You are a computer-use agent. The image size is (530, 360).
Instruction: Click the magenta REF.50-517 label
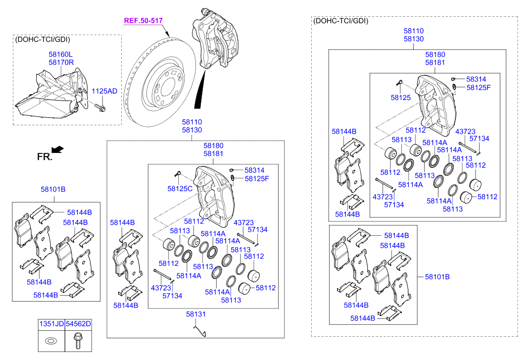point(143,21)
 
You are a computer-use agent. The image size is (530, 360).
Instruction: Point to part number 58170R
point(61,62)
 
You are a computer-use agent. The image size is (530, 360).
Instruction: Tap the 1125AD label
point(104,91)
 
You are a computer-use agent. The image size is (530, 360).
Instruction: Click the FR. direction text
point(44,156)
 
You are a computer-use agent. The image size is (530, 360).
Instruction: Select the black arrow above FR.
point(58,149)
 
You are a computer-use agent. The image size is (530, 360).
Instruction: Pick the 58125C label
point(180,189)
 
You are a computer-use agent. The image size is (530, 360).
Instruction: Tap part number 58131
point(195,314)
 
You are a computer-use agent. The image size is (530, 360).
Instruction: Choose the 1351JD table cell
point(51,324)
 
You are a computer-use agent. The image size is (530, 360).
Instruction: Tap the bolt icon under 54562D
point(78,340)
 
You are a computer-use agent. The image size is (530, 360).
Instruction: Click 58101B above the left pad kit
point(53,189)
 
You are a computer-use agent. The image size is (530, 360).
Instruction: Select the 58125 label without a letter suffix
point(401,98)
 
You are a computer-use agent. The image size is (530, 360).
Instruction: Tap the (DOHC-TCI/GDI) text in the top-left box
point(43,40)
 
